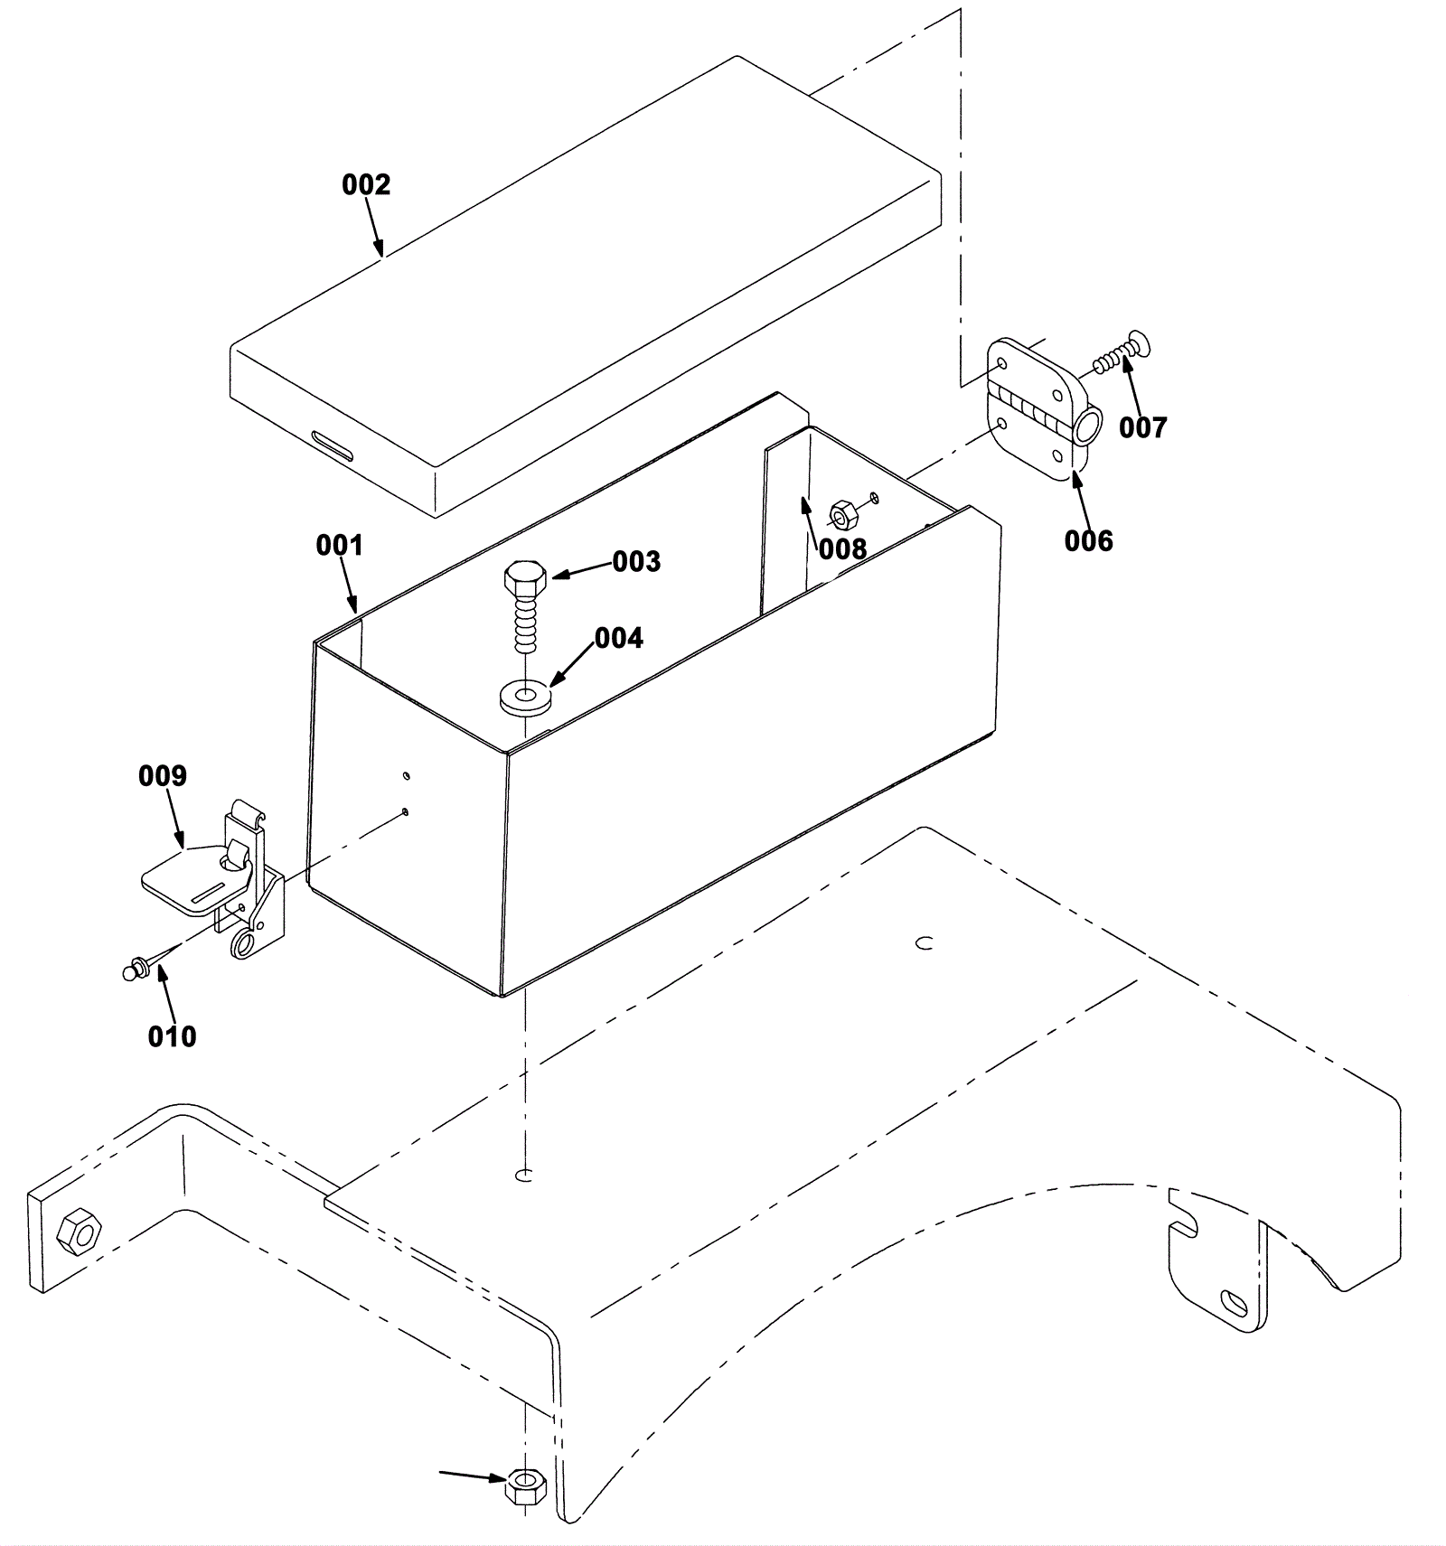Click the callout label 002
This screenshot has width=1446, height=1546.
click(366, 184)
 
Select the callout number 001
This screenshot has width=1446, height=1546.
click(340, 545)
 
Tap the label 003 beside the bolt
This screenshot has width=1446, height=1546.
click(636, 561)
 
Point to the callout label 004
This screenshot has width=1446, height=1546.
click(618, 638)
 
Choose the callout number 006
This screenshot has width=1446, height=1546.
click(1088, 540)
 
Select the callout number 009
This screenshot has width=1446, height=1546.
click(163, 775)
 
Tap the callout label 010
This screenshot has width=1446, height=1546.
click(172, 1035)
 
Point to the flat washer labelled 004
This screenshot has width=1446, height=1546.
click(525, 698)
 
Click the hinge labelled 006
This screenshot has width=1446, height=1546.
click(1043, 409)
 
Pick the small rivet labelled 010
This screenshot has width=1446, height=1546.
click(134, 969)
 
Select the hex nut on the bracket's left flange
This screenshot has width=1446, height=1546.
click(79, 1230)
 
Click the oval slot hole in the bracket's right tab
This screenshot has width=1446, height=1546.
click(1234, 1302)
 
